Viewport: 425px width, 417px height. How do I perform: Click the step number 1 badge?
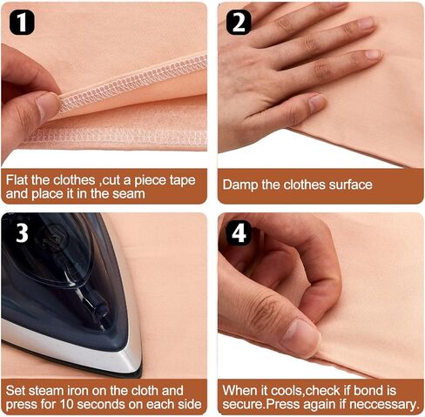point(22,23)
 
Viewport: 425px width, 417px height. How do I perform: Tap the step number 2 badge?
point(239,23)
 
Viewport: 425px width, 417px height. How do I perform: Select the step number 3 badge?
point(22,233)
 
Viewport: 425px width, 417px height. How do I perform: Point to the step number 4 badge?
point(239,233)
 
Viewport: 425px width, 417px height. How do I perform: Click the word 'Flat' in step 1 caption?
point(17,180)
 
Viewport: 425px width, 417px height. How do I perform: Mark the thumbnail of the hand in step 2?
point(318,102)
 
